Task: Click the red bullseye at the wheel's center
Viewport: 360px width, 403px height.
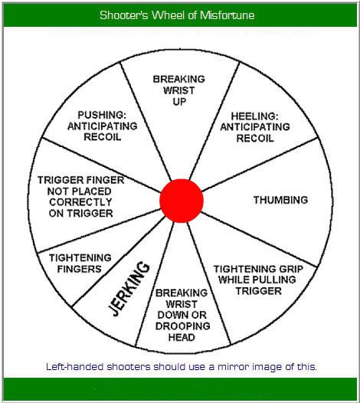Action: coord(182,201)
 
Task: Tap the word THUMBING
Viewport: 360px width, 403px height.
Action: coord(280,200)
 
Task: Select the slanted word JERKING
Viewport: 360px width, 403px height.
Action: coord(129,288)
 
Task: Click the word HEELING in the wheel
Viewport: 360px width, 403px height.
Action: coord(254,116)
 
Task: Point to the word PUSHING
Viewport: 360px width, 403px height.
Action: coord(102,115)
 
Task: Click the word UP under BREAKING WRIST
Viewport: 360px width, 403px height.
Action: coord(179,102)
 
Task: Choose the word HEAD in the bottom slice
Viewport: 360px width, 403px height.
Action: coord(182,337)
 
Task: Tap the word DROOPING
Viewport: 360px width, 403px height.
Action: coord(183,326)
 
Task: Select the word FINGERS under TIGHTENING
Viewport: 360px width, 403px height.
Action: coord(79,269)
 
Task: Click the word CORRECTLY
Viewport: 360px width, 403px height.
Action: coord(80,202)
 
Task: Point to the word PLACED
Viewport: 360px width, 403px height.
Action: coord(92,192)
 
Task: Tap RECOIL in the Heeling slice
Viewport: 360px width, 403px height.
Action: coord(254,138)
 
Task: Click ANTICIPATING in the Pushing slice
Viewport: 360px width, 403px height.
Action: coord(103,126)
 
